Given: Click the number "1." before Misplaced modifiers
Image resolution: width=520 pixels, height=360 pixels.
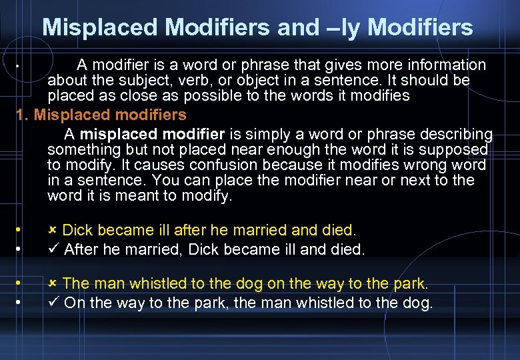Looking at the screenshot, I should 22,115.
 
